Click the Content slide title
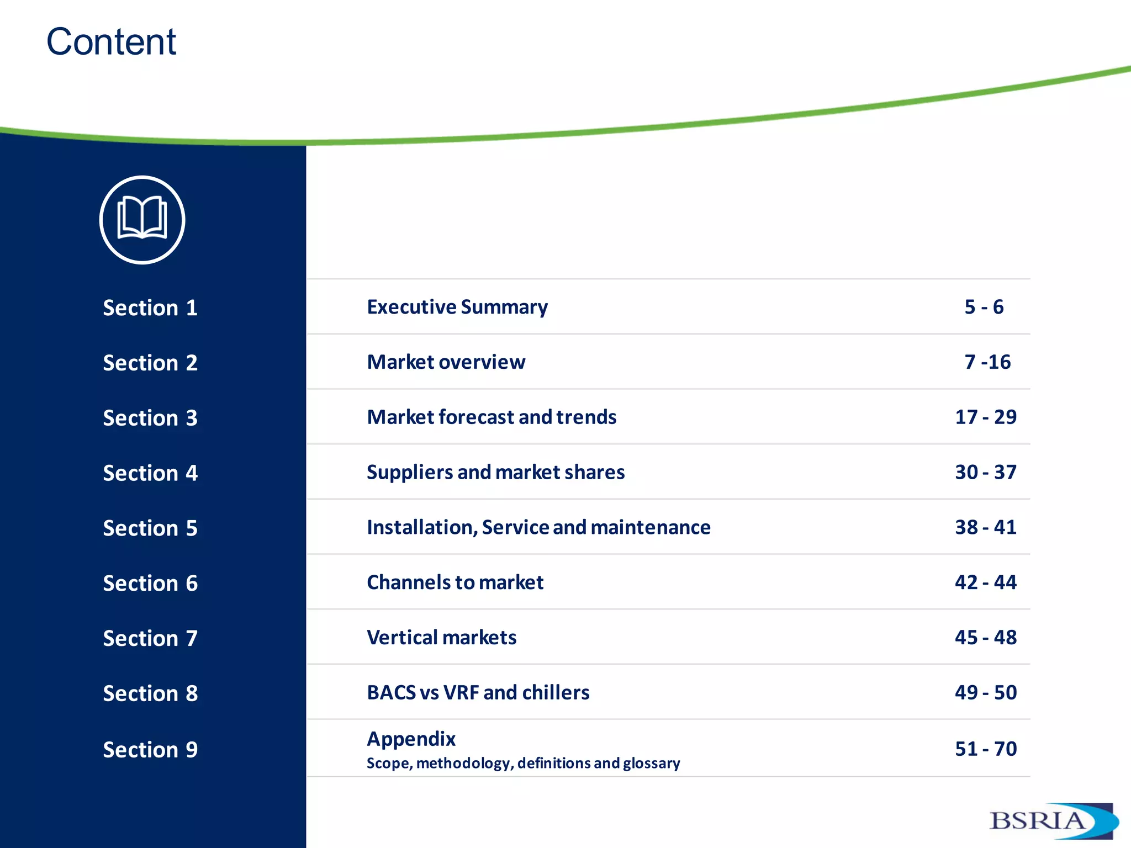[111, 42]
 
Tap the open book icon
[142, 219]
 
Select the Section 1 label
[150, 308]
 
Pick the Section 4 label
[150, 473]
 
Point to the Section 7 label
[150, 638]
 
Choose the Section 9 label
[150, 750]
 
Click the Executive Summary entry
[457, 307]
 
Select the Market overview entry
[446, 362]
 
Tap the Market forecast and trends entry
[491, 417]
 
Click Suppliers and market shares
[496, 472]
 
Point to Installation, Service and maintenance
[538, 527]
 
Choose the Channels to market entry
[455, 582]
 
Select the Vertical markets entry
[442, 638]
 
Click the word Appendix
[411, 739]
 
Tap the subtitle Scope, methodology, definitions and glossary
[524, 763]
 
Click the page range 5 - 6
[984, 307]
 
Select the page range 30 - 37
[986, 472]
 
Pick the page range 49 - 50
[986, 692]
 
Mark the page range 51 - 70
[986, 749]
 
